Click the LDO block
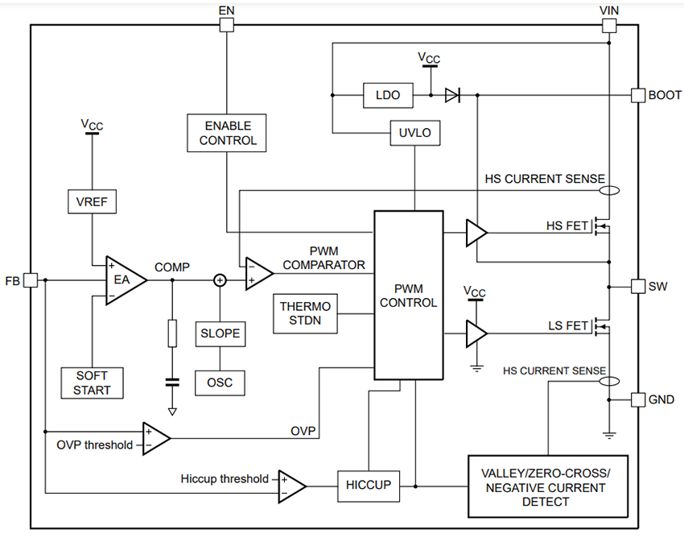tap(389, 95)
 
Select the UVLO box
tap(415, 133)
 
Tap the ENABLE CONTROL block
tap(227, 133)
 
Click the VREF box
tap(92, 201)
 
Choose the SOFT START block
tap(92, 383)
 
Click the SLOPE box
tap(220, 333)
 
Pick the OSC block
tap(220, 382)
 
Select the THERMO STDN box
tap(306, 313)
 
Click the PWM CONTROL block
tap(408, 295)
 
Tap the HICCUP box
tap(368, 485)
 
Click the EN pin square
tap(227, 25)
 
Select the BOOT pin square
tap(637, 95)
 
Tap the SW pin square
tap(637, 286)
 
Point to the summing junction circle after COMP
tap(220, 279)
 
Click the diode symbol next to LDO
tap(452, 95)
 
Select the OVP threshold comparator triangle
tap(155, 438)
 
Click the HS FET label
tap(567, 226)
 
